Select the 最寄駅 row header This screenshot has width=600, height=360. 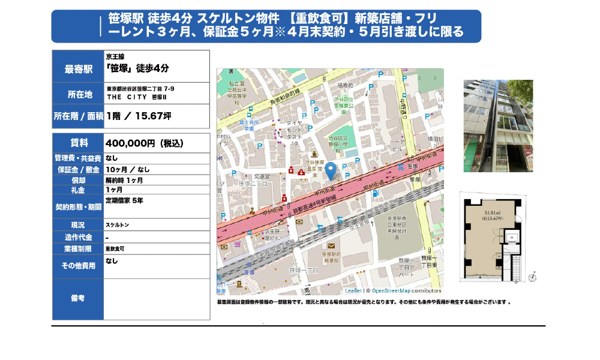pyautogui.click(x=78, y=69)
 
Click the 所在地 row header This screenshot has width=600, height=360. pyautogui.click(x=78, y=94)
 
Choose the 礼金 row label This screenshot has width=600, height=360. pyautogui.click(x=78, y=190)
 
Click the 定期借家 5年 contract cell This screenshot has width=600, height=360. pyautogui.click(x=124, y=200)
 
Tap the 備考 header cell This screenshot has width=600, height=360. pyautogui.click(x=78, y=298)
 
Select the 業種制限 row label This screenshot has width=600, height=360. pyautogui.click(x=78, y=248)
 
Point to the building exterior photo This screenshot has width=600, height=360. pyautogui.click(x=498, y=126)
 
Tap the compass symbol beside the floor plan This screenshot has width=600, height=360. pyautogui.click(x=532, y=277)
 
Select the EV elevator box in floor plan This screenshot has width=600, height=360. pyautogui.click(x=511, y=238)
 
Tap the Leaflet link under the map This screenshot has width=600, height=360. pyautogui.click(x=353, y=290)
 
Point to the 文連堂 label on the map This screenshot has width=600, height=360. pyautogui.click(x=263, y=176)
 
